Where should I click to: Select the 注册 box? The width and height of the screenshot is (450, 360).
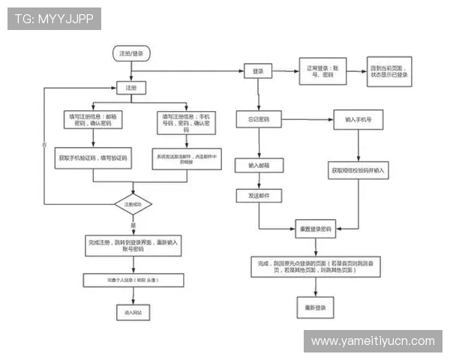130,88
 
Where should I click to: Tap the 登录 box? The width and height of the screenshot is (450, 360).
258,70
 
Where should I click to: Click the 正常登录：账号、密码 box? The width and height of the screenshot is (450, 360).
321,71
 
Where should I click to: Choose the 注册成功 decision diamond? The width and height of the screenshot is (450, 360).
133,204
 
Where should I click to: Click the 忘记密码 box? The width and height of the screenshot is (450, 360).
258,119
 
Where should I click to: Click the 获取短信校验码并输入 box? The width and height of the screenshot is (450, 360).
358,170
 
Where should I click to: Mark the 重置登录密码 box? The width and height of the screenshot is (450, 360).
316,228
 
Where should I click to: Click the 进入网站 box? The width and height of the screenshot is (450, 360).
133,310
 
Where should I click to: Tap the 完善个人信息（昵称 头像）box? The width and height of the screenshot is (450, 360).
133,280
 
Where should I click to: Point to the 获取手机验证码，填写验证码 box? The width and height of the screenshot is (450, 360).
93,159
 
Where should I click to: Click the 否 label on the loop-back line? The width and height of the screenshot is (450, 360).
44,143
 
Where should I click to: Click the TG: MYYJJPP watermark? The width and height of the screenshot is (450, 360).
53,19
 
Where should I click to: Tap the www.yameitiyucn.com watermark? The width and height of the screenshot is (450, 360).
372,341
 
